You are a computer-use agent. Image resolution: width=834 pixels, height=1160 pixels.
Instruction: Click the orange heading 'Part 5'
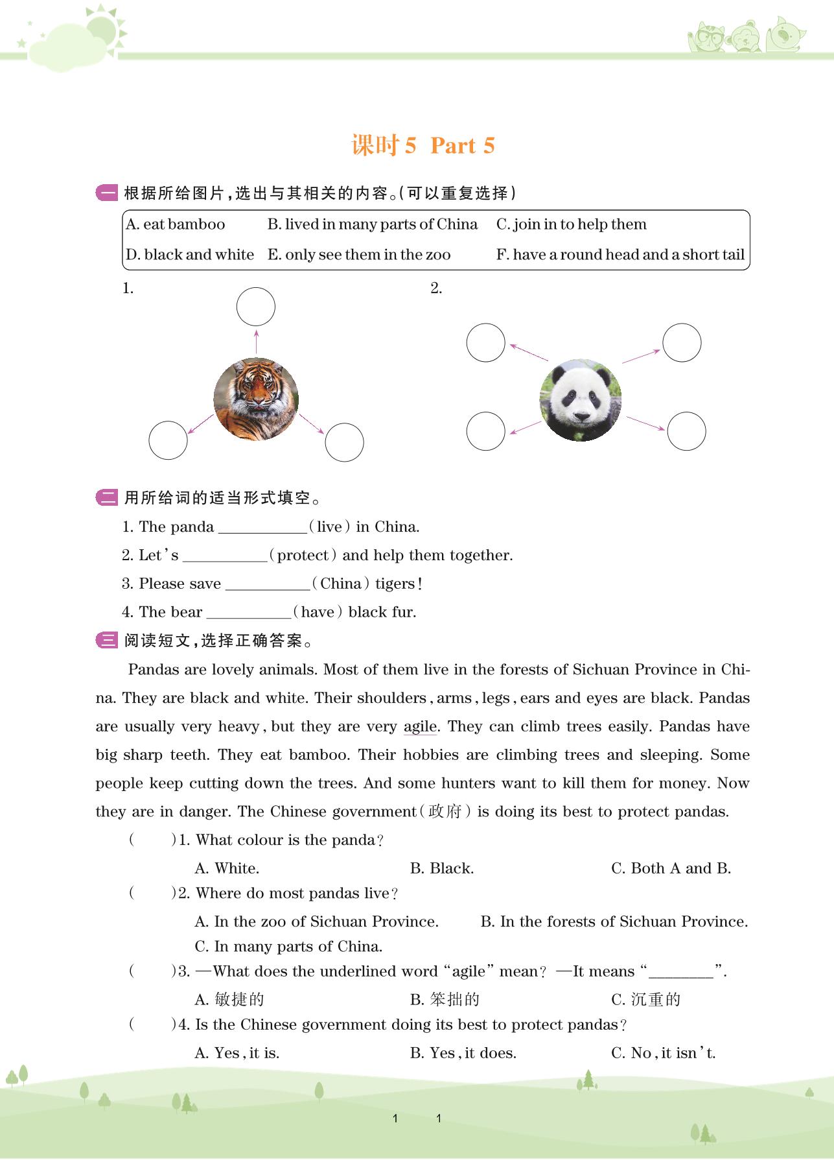click(x=462, y=146)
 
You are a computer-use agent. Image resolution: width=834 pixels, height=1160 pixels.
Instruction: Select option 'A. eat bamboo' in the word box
click(x=176, y=224)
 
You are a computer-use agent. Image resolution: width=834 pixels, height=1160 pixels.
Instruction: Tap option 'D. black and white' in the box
click(x=190, y=255)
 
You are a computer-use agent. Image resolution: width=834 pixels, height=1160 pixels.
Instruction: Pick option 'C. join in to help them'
click(x=571, y=224)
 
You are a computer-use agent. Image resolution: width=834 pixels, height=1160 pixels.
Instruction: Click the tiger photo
click(x=256, y=399)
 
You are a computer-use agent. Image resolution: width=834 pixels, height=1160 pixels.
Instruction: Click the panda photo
click(x=580, y=400)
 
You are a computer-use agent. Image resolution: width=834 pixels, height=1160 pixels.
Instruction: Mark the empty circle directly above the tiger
click(x=256, y=307)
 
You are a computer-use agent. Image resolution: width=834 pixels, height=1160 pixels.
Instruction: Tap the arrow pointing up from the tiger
click(x=257, y=342)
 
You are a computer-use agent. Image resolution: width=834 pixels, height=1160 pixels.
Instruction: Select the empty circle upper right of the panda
click(x=682, y=343)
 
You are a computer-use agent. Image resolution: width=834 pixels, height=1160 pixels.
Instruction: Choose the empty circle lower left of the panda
click(x=485, y=431)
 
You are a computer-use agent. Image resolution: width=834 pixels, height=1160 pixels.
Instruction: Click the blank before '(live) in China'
click(x=262, y=527)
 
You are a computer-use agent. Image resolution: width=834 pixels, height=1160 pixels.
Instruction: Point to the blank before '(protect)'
click(x=225, y=556)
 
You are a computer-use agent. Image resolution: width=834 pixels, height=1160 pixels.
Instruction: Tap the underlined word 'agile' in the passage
click(x=420, y=727)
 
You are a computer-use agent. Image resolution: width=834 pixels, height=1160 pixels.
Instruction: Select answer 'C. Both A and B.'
click(x=671, y=868)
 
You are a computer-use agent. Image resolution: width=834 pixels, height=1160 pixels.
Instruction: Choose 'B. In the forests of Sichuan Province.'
click(x=614, y=921)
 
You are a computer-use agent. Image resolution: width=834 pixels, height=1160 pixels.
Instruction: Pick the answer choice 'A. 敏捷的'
click(x=229, y=999)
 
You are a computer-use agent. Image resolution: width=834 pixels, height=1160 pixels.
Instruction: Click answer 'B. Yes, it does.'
click(x=463, y=1053)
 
